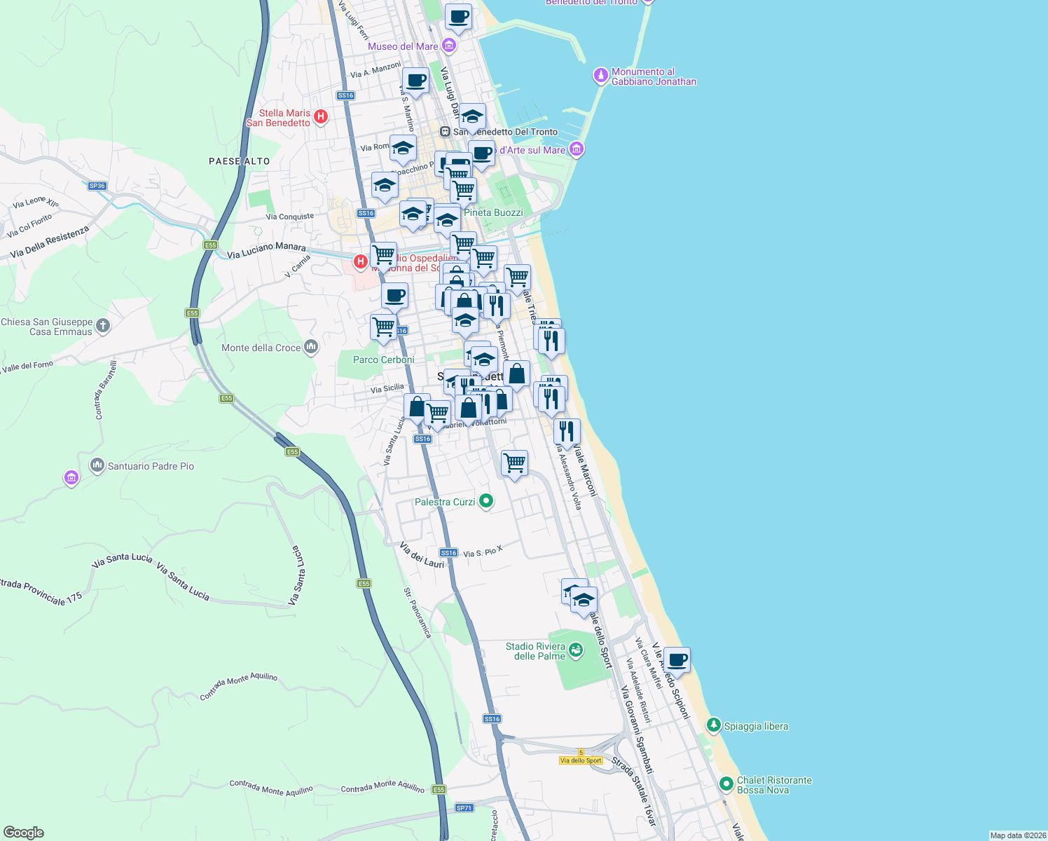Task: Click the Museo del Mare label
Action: (403, 46)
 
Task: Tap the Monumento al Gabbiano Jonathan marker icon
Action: (600, 75)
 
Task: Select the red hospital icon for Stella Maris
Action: (321, 116)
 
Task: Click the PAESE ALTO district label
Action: (239, 161)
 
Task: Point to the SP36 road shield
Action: (97, 186)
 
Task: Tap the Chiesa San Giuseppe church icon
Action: (103, 325)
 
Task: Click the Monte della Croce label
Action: (261, 348)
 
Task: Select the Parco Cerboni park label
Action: (384, 360)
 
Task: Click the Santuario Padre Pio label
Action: (151, 466)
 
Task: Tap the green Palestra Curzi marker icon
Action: (486, 501)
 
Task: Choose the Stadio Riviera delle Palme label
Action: (535, 651)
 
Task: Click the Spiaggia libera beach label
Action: (756, 726)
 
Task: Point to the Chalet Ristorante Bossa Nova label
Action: (774, 785)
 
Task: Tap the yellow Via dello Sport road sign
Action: (581, 760)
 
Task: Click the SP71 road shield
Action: (464, 807)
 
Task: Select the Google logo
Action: (24, 832)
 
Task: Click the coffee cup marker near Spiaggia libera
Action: (677, 659)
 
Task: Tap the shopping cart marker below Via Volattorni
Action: (514, 463)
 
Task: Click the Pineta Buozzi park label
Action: (493, 212)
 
